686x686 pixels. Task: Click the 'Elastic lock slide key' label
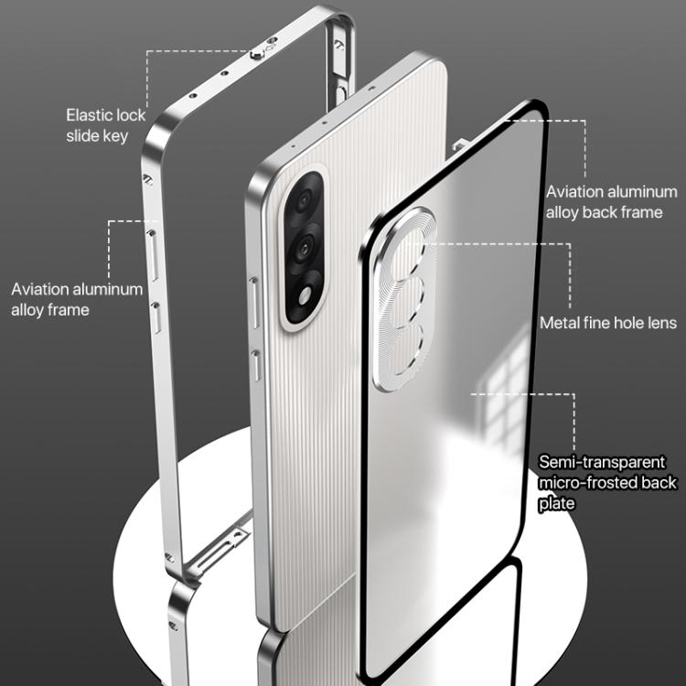click(x=105, y=125)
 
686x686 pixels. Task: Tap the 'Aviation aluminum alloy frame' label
click(x=77, y=299)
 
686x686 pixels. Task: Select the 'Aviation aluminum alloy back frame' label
click(x=612, y=202)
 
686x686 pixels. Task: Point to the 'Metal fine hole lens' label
click(x=608, y=323)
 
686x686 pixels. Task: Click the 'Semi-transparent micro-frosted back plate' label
click(x=607, y=483)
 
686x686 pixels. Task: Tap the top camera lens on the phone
click(x=303, y=201)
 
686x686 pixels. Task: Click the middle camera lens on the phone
click(x=302, y=248)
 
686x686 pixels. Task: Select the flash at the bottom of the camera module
click(x=305, y=295)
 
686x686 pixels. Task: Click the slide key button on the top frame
click(x=257, y=55)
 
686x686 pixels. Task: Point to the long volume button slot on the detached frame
click(x=153, y=255)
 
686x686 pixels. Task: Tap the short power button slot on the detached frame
click(x=156, y=318)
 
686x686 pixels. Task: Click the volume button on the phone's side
click(x=254, y=303)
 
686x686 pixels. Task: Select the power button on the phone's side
click(x=256, y=365)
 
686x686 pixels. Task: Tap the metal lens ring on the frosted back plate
click(x=404, y=299)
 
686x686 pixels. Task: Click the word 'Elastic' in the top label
click(x=91, y=115)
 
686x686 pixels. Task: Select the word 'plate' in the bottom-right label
click(x=556, y=503)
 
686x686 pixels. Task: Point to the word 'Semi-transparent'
click(x=602, y=462)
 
